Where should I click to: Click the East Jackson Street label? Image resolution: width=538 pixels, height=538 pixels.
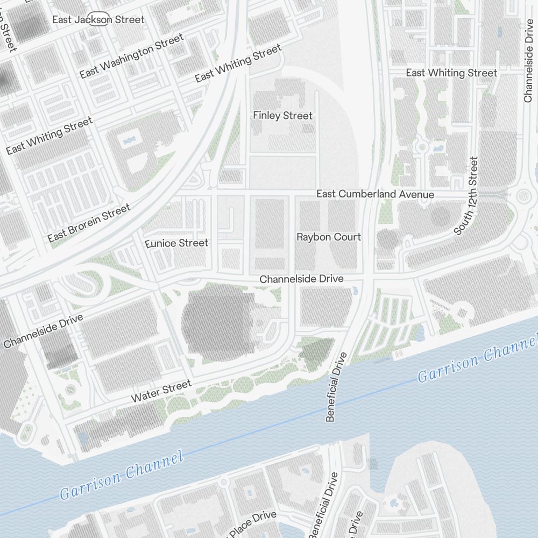(x=98, y=20)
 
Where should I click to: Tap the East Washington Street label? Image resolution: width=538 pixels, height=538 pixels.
(x=132, y=55)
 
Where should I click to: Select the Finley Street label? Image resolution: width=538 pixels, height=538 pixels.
(x=282, y=116)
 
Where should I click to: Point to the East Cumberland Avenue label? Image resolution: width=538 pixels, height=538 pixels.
(x=375, y=194)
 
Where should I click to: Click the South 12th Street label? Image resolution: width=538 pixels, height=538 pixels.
(x=466, y=196)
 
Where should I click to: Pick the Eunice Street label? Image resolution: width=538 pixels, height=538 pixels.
(x=176, y=243)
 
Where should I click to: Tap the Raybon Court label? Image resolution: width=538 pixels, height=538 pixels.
(x=329, y=237)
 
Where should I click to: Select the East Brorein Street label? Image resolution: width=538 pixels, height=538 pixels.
(x=89, y=223)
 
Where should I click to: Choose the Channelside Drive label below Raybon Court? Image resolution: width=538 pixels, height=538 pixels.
(x=301, y=279)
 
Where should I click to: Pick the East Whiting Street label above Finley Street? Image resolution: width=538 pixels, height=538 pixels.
(x=238, y=63)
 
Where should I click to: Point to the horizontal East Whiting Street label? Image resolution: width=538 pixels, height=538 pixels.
(x=451, y=73)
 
